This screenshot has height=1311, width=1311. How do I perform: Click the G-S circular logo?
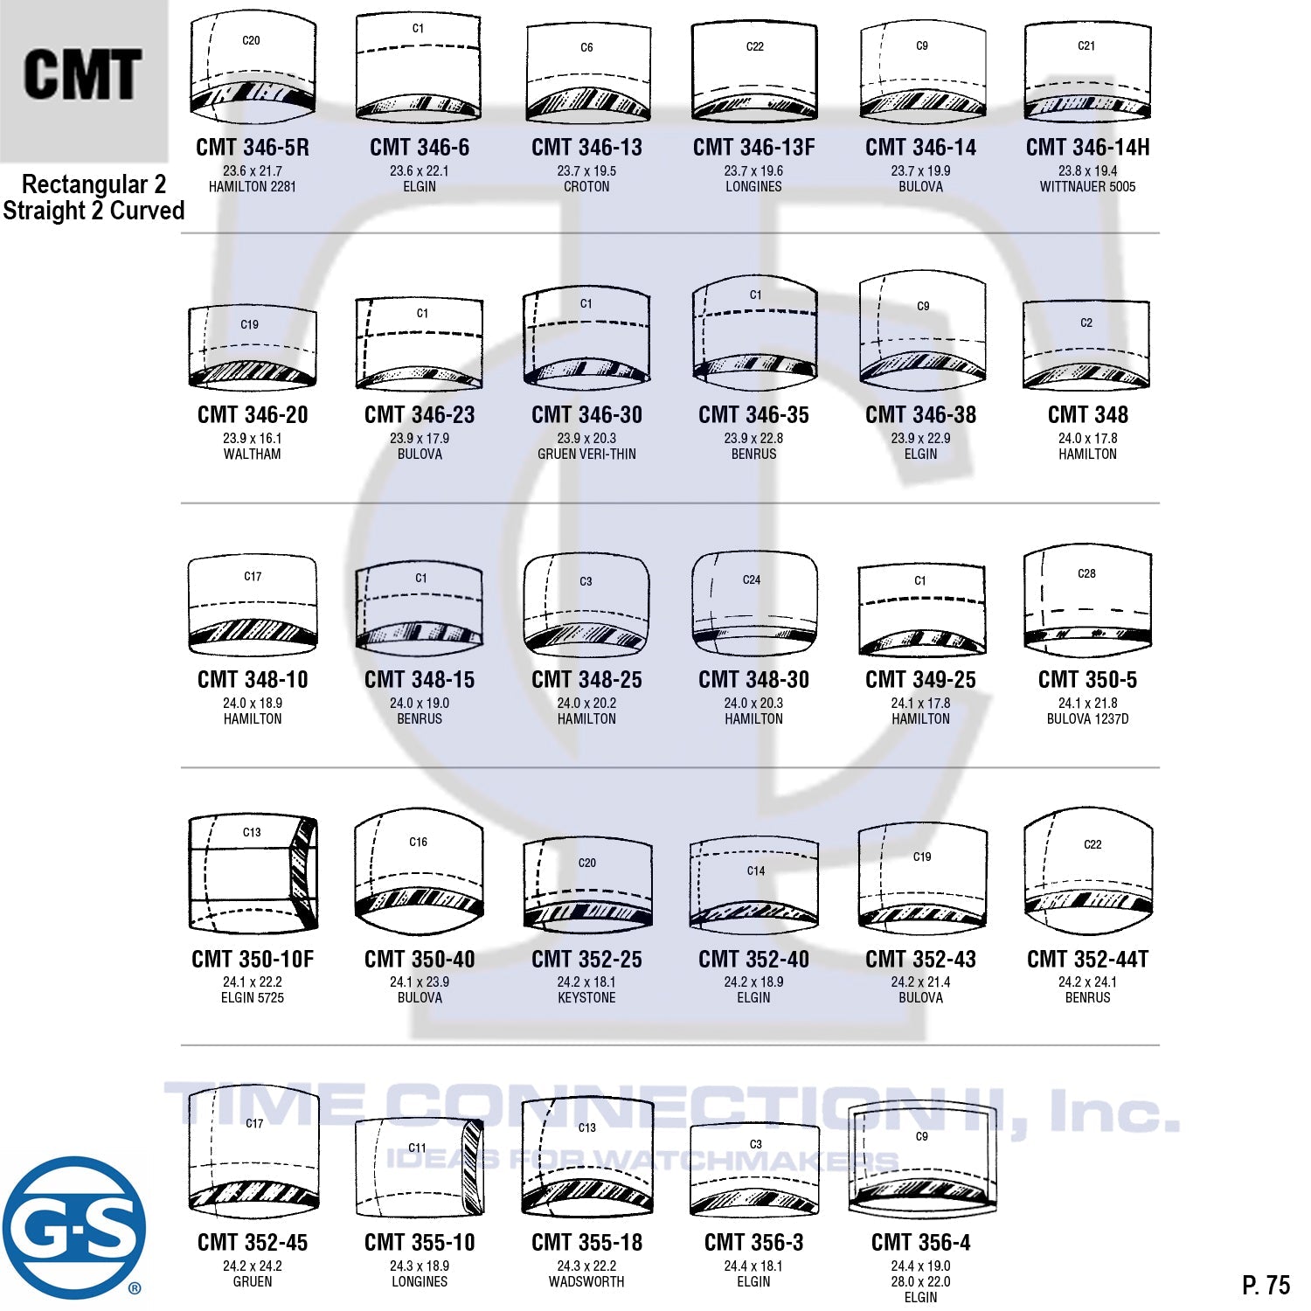(73, 1228)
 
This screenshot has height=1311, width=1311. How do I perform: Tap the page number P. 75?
(1266, 1285)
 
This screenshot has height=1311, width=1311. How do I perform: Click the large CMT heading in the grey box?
(82, 75)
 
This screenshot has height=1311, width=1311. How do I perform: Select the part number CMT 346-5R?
(253, 148)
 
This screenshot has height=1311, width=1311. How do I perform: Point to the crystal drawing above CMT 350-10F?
(253, 873)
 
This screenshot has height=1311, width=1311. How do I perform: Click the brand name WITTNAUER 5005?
(1087, 186)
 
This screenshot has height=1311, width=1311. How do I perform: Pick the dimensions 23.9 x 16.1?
(253, 438)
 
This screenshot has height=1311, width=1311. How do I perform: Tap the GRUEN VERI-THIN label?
(586, 454)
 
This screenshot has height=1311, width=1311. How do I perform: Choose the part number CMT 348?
(1087, 414)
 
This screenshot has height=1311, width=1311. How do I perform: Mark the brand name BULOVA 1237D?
(1087, 718)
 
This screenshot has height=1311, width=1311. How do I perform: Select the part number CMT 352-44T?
(1087, 959)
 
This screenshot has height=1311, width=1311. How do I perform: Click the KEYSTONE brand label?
(586, 997)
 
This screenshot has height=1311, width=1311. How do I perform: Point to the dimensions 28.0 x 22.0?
(920, 1281)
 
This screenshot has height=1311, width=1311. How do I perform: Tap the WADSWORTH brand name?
(586, 1281)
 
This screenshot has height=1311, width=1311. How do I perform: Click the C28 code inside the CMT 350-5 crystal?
(1086, 573)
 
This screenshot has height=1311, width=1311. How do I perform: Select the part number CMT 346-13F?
(753, 148)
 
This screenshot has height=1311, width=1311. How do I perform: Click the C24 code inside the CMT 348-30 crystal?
(752, 579)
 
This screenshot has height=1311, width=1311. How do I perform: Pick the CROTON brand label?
(586, 186)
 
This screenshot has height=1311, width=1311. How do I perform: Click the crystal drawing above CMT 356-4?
(922, 1158)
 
